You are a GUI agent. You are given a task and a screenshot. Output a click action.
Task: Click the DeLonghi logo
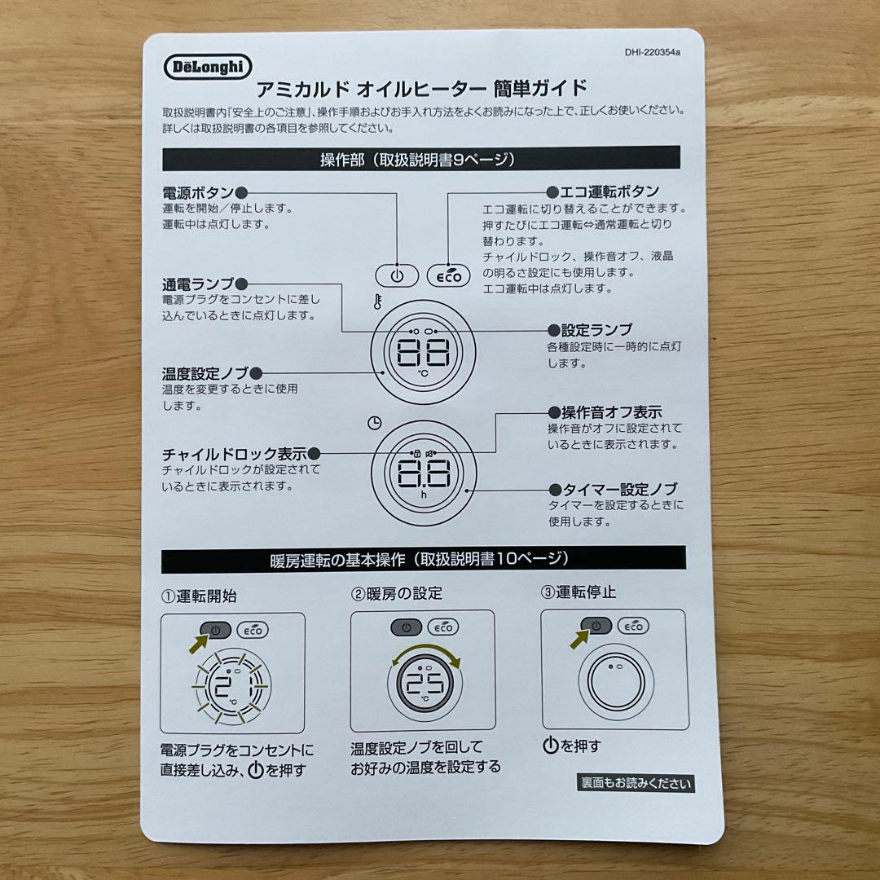click(208, 68)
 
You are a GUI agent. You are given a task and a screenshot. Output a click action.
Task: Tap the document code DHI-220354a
click(652, 52)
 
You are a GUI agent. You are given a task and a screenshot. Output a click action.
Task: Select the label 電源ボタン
click(197, 193)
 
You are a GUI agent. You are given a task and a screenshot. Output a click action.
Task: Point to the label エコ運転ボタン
click(609, 192)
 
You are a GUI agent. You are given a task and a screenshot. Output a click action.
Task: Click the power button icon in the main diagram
click(397, 276)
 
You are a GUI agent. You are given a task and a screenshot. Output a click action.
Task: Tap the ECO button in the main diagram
click(448, 276)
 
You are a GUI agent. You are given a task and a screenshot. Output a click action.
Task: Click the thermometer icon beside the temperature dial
click(378, 302)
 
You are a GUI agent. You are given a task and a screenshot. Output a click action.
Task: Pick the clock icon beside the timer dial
click(374, 423)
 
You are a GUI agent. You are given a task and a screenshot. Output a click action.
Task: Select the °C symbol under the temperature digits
click(423, 372)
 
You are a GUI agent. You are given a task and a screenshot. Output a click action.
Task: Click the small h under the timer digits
click(424, 495)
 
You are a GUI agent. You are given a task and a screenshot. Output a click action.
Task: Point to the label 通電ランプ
click(197, 284)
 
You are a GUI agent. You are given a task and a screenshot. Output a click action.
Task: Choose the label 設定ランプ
click(596, 330)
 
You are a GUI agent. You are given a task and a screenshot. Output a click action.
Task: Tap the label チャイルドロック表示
click(235, 454)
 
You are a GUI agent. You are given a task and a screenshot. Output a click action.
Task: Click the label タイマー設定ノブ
click(620, 490)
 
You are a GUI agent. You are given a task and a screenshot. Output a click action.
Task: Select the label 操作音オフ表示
click(612, 412)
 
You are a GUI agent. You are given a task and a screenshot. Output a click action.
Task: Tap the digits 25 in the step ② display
click(425, 683)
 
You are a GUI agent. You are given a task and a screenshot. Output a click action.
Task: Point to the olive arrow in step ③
click(580, 640)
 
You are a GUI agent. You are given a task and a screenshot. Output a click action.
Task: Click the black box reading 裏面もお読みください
click(636, 783)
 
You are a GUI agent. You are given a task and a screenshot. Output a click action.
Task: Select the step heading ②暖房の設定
click(397, 594)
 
